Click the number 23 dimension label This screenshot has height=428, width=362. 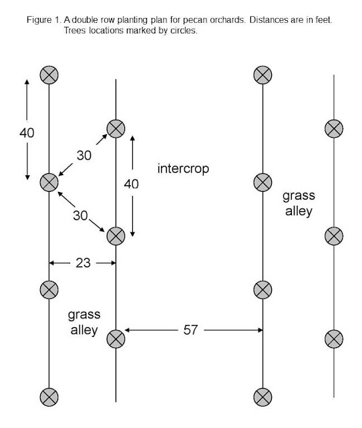pos(83,263)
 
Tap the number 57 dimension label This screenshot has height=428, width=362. pos(190,330)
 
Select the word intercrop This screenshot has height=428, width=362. pos(183,169)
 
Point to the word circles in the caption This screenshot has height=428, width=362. pos(184,30)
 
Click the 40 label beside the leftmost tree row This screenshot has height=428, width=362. pos(27,133)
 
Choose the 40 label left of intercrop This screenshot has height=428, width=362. pos(131,184)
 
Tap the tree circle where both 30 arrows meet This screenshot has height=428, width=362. pos(49,183)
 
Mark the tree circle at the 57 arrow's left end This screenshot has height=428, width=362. pos(116,339)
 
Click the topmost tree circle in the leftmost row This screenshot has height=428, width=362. pos(49,75)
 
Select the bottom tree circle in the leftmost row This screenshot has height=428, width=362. pos(49,397)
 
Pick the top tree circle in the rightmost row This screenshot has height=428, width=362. pos(334,128)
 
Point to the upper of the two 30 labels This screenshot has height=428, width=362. pos(84,156)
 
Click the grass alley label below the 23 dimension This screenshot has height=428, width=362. pos(84,322)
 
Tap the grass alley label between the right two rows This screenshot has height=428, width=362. pos(299,203)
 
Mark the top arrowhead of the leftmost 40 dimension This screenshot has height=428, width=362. pos(27,82)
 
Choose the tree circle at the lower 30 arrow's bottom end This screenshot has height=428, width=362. pos(116,236)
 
